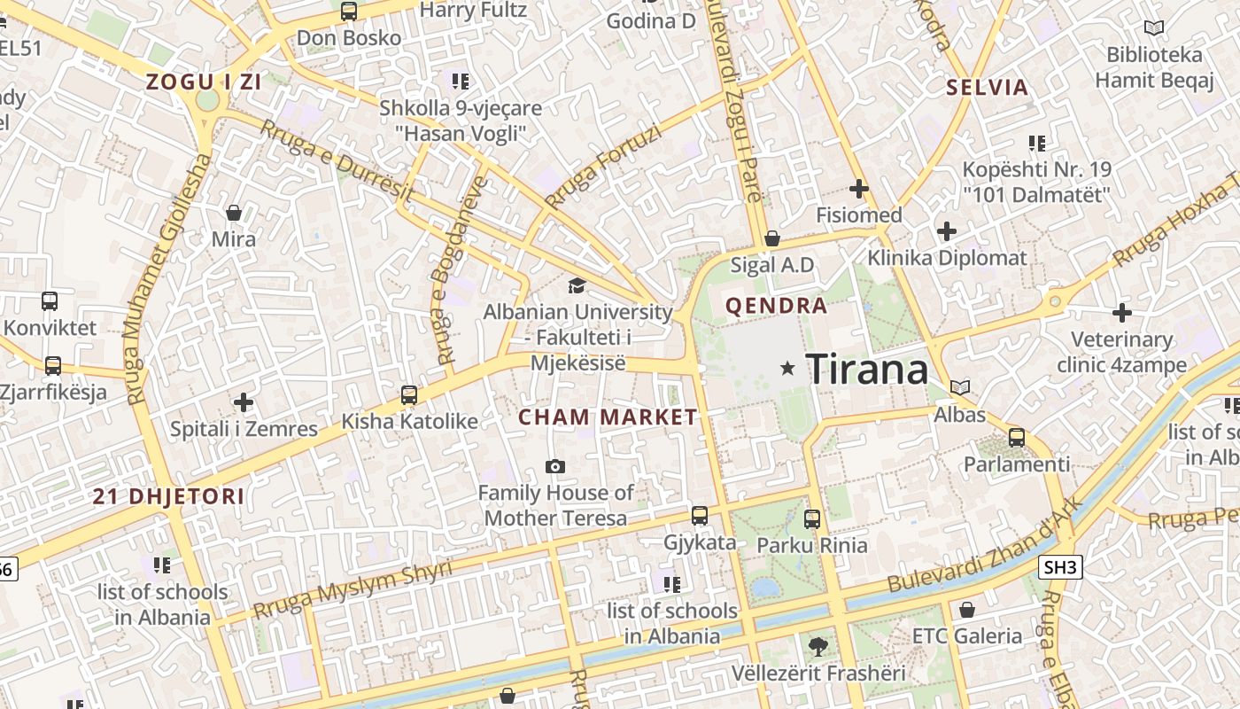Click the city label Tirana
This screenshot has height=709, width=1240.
(867, 369)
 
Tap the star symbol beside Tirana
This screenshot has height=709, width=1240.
(787, 368)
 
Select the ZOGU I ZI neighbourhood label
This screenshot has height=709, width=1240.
(204, 82)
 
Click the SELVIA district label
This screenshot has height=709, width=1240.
(987, 88)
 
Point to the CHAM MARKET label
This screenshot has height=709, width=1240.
(608, 417)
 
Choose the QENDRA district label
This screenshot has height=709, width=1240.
(776, 307)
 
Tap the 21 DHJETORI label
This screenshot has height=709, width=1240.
(168, 497)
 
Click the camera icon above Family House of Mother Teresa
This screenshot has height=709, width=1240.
(555, 466)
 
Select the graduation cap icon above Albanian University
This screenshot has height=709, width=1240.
(577, 285)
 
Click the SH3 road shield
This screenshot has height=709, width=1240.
(1060, 567)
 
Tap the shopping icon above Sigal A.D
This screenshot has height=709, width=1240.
(771, 238)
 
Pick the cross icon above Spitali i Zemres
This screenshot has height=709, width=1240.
(244, 403)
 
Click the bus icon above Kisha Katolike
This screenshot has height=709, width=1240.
(409, 394)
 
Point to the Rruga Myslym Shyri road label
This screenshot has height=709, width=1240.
(352, 589)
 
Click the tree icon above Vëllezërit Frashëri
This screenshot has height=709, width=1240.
(818, 647)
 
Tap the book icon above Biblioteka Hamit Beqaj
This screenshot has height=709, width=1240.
(1153, 28)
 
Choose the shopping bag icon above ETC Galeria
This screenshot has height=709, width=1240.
(966, 610)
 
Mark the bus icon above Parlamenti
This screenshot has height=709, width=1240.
(1017, 438)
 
